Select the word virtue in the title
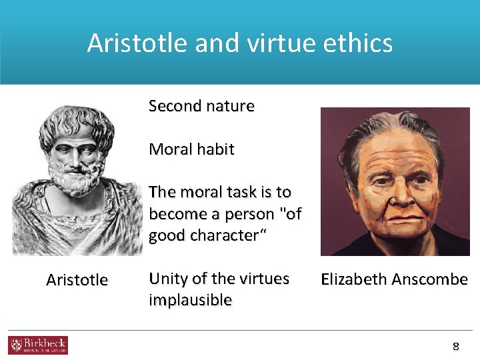tap(283, 43)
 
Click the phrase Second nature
tap(201, 106)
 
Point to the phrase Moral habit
tap(191, 149)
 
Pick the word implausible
tap(190, 300)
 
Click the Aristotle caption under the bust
tap(77, 280)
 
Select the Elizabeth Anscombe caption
tap(394, 279)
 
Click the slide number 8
tap(456, 346)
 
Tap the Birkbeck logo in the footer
tap(38, 345)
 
